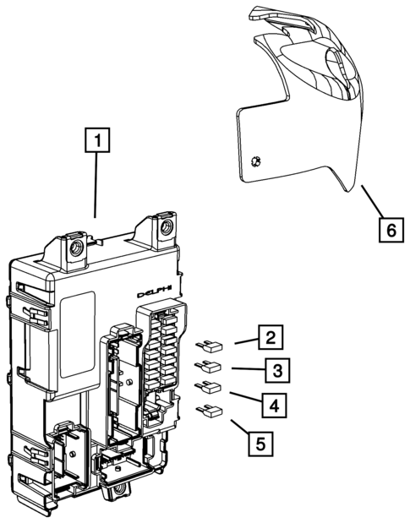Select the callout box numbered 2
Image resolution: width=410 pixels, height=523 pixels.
(269, 339)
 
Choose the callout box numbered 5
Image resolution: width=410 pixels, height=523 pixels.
(260, 441)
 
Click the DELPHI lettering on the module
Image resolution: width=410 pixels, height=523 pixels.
(157, 292)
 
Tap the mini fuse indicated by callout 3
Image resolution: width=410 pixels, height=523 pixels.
(208, 367)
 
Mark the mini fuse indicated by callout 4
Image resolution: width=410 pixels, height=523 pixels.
(208, 389)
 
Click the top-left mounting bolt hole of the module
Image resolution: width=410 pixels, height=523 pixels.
(75, 248)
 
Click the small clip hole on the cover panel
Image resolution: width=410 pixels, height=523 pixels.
(257, 161)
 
